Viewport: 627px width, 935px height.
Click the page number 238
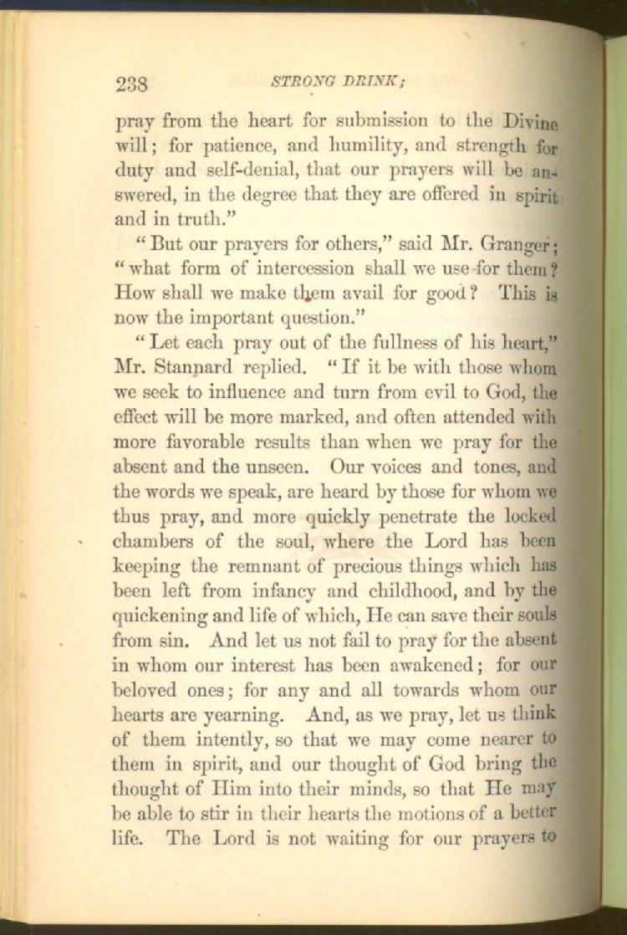pyautogui.click(x=132, y=84)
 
